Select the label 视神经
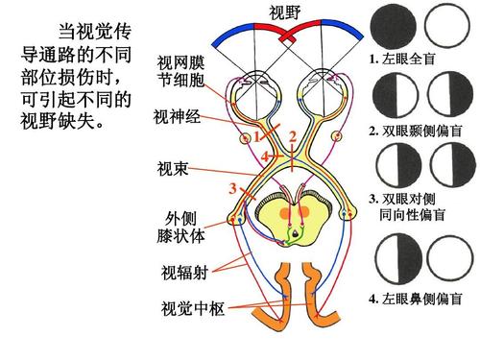pyautogui.click(x=177, y=118)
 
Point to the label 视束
pyautogui.click(x=172, y=170)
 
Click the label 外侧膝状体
pyautogui.click(x=183, y=228)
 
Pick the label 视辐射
pyautogui.click(x=183, y=274)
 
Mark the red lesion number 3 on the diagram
pyautogui.click(x=232, y=187)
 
